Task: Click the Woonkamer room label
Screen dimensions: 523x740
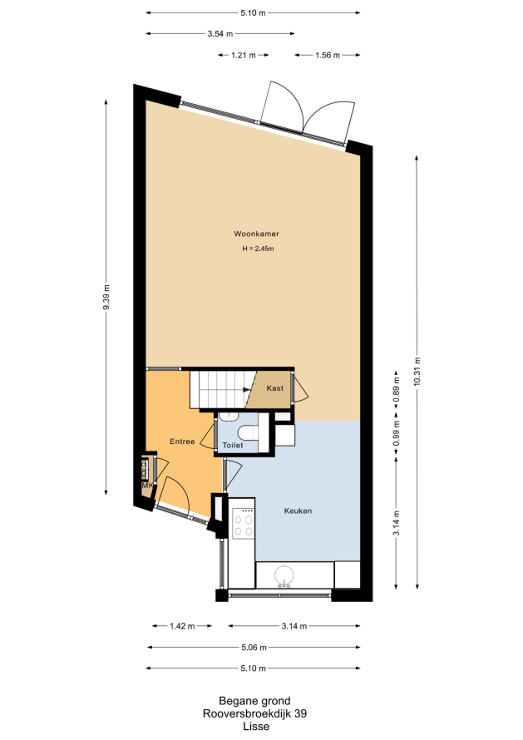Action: pos(256,234)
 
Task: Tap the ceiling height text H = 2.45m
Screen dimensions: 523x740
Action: pos(259,249)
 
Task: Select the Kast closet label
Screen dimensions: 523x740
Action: pos(274,388)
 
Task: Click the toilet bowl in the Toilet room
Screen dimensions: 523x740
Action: pos(248,432)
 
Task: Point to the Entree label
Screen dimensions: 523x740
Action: pos(182,442)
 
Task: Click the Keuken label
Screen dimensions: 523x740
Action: pos(298,511)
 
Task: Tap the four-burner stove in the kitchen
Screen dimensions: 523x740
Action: pos(243,524)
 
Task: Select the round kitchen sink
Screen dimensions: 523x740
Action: pos(284,575)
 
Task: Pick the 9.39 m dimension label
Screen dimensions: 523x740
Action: pos(106,298)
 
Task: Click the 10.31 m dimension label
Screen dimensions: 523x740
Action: pos(417,372)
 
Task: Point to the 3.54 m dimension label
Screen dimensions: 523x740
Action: pos(220,33)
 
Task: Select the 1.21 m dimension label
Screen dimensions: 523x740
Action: pos(243,55)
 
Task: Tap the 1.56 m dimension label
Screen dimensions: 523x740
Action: pos(327,55)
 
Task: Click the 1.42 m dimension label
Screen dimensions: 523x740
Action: pos(182,626)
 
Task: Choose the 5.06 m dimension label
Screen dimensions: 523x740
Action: pos(254,648)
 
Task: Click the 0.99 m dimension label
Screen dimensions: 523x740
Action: pos(396,433)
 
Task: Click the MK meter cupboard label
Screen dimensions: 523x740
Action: pos(147,485)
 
